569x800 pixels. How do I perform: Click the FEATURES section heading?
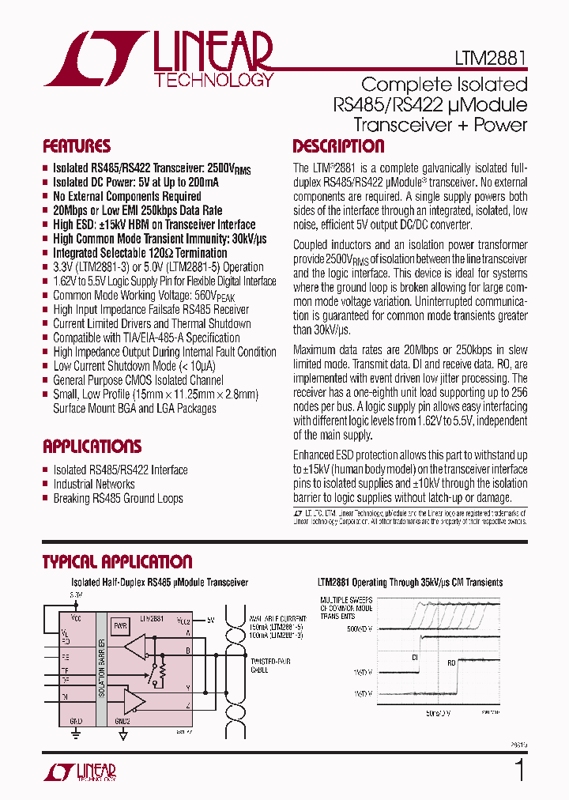coord(77,146)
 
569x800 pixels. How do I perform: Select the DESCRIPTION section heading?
coord(338,146)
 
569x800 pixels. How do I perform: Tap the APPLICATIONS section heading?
coord(92,446)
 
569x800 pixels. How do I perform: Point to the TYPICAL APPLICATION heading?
coord(117,562)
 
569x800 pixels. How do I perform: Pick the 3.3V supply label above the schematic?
coord(75,594)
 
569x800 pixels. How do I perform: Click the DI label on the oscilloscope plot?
coord(415,657)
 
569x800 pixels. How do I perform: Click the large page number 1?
coord(519,770)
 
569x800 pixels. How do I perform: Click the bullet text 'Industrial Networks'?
coord(94,484)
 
